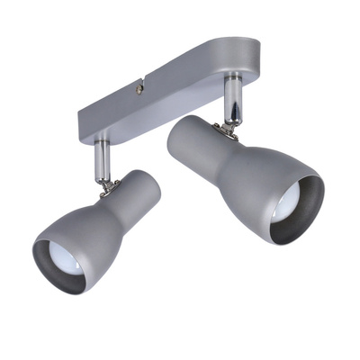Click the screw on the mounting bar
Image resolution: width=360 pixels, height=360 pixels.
[139, 87]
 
